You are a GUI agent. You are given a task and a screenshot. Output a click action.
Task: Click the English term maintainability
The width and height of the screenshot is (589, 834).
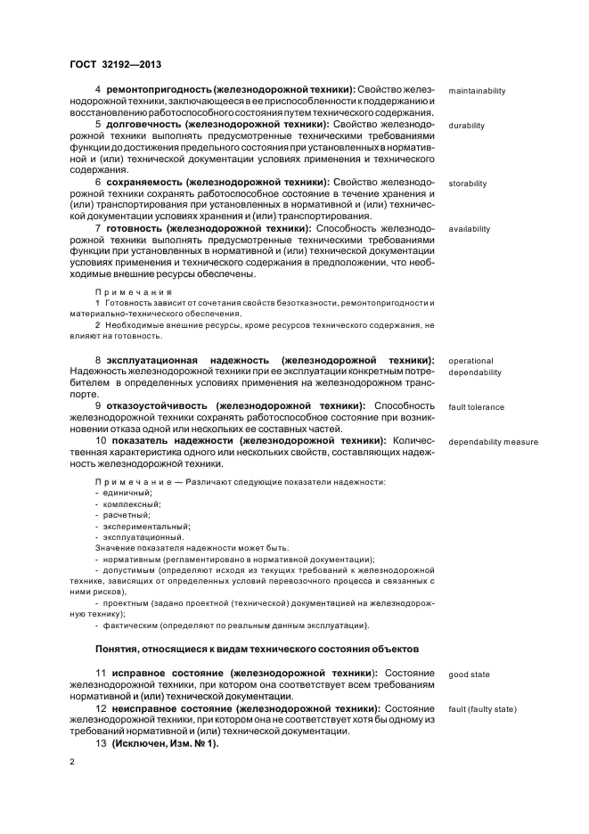coord(477,91)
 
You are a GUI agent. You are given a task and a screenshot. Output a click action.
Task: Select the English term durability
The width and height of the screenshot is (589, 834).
coord(467,126)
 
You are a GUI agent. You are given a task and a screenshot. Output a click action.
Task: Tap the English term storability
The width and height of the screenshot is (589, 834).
coord(468,184)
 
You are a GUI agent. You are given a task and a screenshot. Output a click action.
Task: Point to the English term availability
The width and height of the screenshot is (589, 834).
coord(470,229)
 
